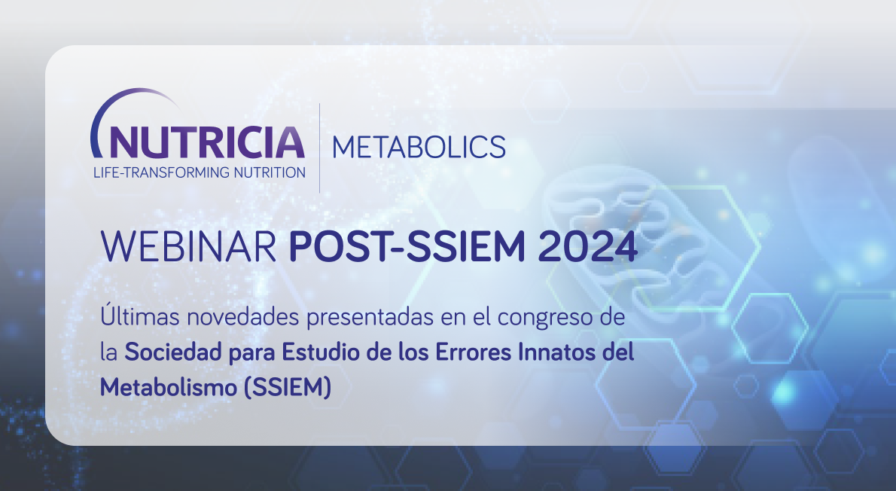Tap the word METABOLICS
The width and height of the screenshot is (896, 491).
pyautogui.click(x=419, y=147)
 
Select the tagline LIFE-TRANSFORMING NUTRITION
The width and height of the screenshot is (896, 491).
pyautogui.click(x=200, y=172)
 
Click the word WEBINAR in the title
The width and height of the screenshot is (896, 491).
pyautogui.click(x=188, y=246)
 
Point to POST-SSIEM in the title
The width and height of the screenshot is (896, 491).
pyautogui.click(x=407, y=246)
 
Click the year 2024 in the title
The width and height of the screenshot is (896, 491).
pyautogui.click(x=587, y=246)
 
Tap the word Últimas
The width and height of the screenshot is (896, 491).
pyautogui.click(x=141, y=316)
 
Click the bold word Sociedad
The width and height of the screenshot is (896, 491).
pyautogui.click(x=173, y=352)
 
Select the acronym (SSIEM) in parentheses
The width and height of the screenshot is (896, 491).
pyautogui.click(x=288, y=388)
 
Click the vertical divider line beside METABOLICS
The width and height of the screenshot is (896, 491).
pyautogui.click(x=319, y=148)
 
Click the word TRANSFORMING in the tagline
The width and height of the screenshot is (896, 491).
pyautogui.click(x=166, y=172)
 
